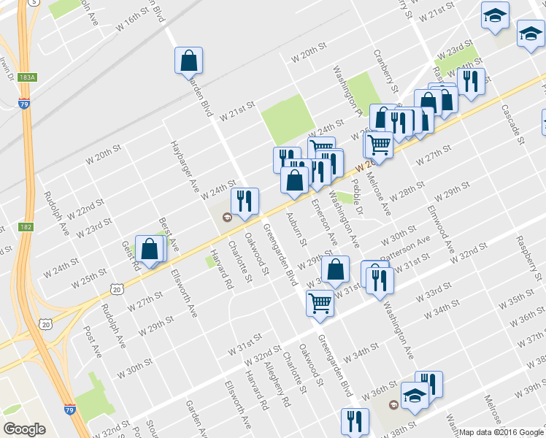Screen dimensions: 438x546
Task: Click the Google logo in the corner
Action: tap(26, 429)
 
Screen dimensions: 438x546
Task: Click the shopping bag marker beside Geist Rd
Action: tap(150, 250)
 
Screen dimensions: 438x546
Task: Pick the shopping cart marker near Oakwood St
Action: tap(320, 303)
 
